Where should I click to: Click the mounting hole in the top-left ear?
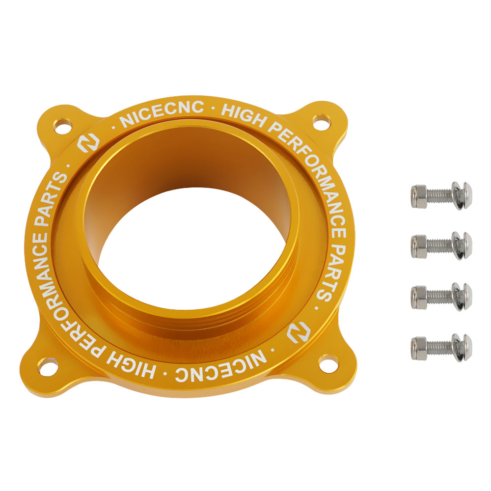pyautogui.click(x=63, y=126)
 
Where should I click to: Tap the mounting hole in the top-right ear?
pyautogui.click(x=322, y=122)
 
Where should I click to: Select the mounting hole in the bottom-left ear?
pyautogui.click(x=48, y=366)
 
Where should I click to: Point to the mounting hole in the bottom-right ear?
pyautogui.click(x=328, y=363)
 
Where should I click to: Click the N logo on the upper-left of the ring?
pyautogui.click(x=88, y=143)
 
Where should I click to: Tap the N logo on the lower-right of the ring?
pyautogui.click(x=299, y=331)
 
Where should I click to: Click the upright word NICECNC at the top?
pyautogui.click(x=162, y=113)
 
